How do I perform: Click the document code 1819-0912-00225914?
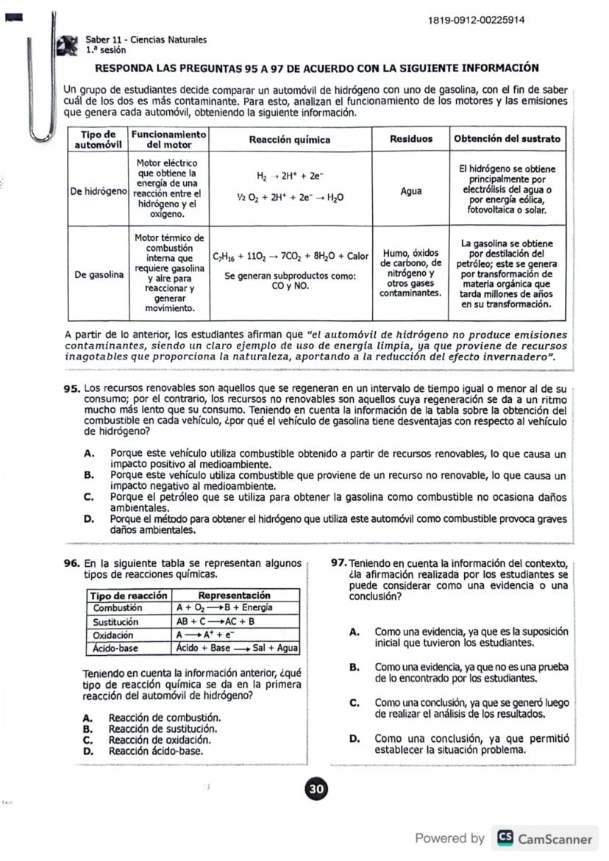(476, 19)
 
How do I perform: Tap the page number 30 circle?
(316, 789)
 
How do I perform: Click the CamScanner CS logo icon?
(505, 838)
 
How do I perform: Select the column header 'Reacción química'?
(289, 139)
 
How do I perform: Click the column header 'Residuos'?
(410, 138)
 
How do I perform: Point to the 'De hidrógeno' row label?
(98, 191)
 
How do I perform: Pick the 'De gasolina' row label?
(98, 275)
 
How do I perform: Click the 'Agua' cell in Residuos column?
(410, 191)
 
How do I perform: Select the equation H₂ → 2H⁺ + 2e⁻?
(289, 176)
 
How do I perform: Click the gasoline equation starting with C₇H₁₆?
(290, 257)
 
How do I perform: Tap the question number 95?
(71, 387)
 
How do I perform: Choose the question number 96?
(71, 563)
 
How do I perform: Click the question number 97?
(338, 563)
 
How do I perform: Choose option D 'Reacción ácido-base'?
(155, 751)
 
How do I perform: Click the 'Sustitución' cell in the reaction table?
(117, 621)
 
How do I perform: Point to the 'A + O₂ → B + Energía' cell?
(224, 608)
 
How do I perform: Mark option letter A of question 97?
(354, 632)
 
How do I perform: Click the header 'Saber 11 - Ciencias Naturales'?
(146, 40)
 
